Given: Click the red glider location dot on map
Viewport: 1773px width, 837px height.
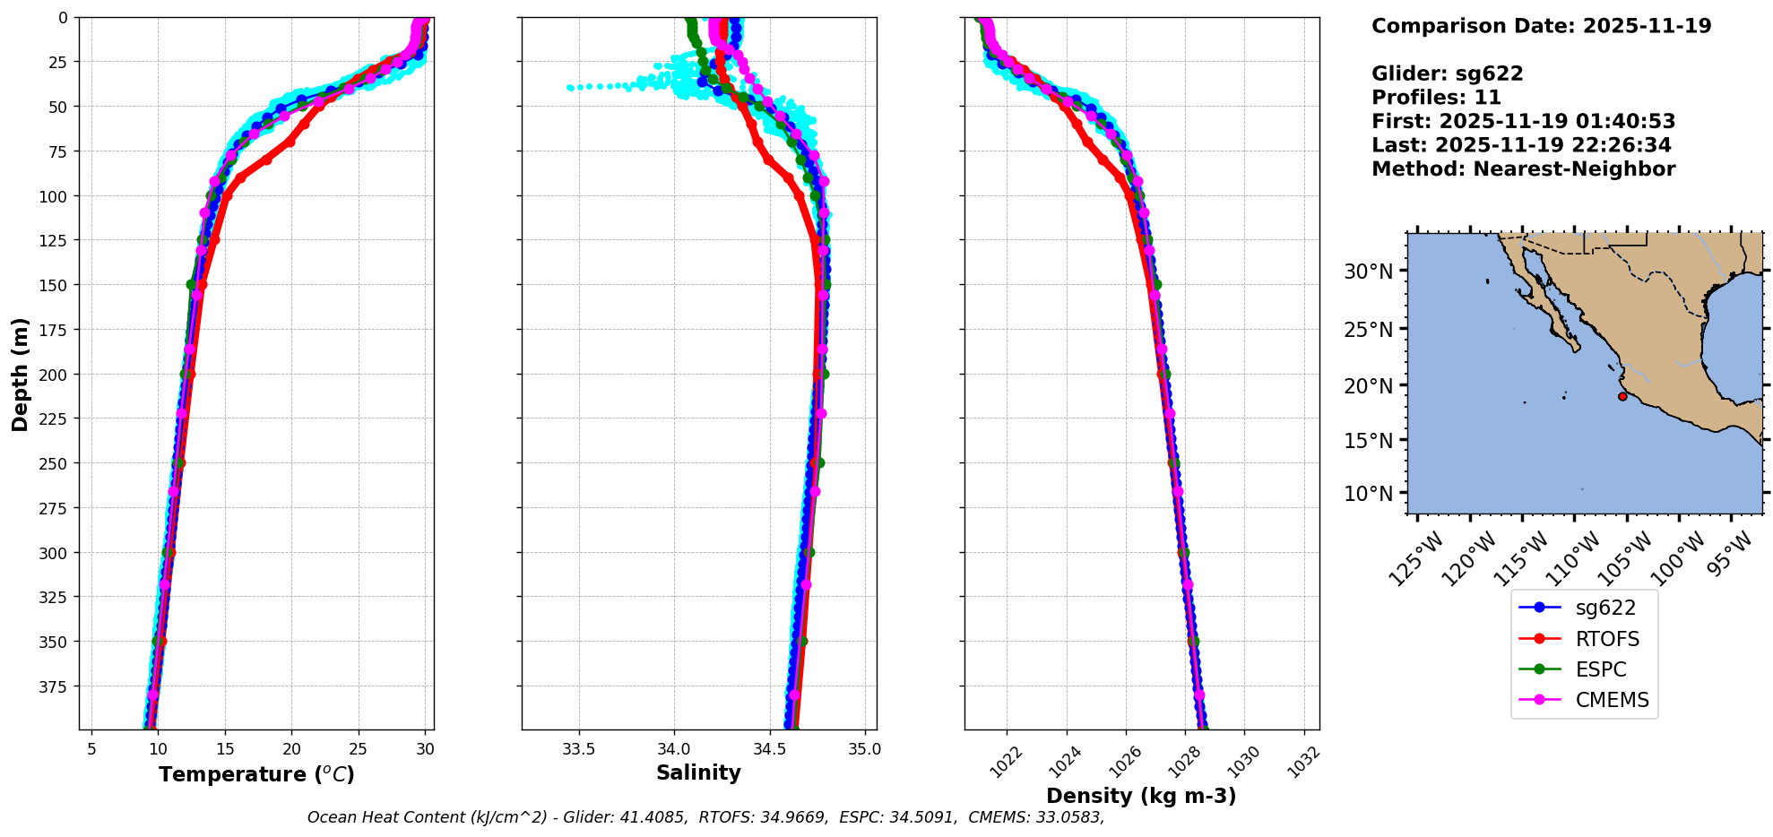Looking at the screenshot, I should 1622,396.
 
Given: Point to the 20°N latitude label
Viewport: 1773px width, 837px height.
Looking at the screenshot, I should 1368,386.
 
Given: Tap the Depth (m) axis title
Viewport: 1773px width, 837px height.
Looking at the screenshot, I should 20,374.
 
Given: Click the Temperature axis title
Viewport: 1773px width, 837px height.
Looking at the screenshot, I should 256,774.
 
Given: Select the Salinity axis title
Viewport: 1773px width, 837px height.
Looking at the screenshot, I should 698,772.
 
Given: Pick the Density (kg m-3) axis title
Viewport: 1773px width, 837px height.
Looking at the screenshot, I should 1141,796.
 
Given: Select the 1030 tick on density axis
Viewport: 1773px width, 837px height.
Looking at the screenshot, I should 1244,760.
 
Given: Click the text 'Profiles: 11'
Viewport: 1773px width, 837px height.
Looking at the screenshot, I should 1436,98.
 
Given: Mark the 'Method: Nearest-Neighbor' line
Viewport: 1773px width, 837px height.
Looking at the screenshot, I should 1523,169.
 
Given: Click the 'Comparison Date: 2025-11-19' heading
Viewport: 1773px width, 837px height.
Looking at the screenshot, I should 1541,26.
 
